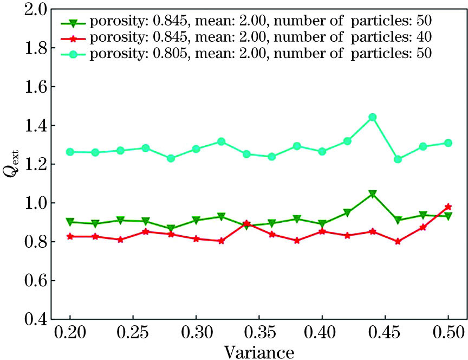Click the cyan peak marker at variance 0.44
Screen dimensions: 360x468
[x=372, y=117]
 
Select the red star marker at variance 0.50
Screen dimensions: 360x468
[x=448, y=207]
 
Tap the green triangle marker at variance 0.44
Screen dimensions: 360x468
[x=372, y=194]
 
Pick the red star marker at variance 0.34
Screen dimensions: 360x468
[x=246, y=223]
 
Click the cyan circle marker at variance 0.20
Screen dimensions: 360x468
[x=70, y=152]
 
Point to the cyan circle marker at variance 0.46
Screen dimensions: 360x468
[x=398, y=159]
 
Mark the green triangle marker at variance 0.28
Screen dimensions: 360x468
[x=171, y=229]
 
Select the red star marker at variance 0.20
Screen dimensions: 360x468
[x=70, y=236]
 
